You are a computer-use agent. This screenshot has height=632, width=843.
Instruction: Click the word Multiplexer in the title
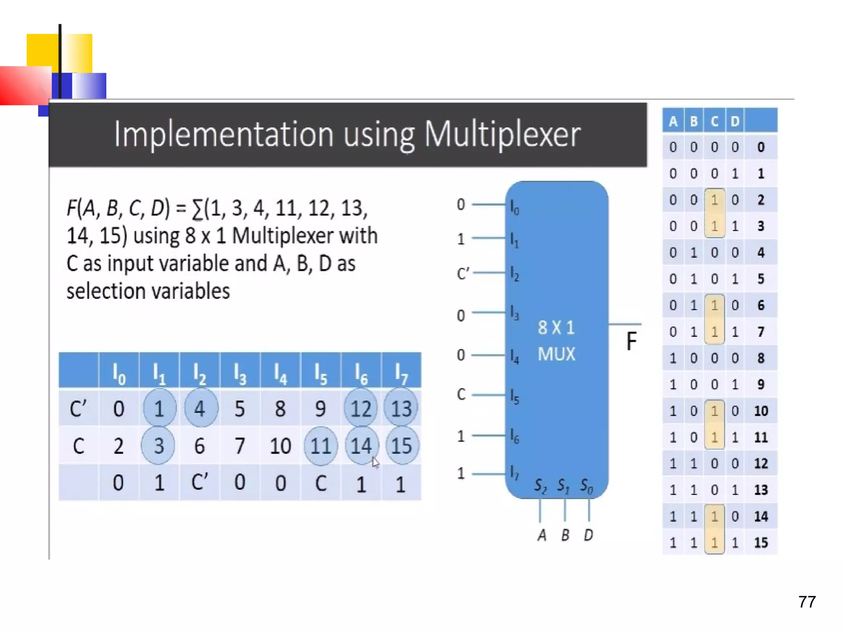pos(502,135)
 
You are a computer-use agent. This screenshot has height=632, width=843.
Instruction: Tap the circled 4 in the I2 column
pos(200,409)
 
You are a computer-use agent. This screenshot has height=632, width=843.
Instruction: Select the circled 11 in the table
pos(321,446)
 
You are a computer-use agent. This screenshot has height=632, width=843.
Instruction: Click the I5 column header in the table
pos(321,373)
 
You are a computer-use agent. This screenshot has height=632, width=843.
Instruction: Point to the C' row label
pos(78,409)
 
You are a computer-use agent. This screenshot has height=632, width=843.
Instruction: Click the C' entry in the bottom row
pos(200,482)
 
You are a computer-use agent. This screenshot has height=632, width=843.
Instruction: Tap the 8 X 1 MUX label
pos(556,341)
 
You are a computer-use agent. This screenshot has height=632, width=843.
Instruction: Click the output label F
pos(631,342)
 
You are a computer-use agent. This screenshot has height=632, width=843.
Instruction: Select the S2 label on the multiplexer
pos(540,486)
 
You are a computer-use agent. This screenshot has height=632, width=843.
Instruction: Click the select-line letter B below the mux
pos(565,535)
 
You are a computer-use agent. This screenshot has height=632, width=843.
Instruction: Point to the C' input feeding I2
pos(463,273)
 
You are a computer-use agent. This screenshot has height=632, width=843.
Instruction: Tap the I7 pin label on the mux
pos(515,473)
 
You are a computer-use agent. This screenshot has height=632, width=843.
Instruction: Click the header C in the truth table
pos(714,121)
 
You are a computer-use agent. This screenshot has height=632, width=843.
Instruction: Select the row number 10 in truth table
pos(761,411)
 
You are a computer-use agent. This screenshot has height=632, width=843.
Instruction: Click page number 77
pos(807,602)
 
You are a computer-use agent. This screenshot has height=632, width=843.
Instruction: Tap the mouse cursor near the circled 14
pos(375,462)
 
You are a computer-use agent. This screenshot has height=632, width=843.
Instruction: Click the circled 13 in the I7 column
pos(401,409)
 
